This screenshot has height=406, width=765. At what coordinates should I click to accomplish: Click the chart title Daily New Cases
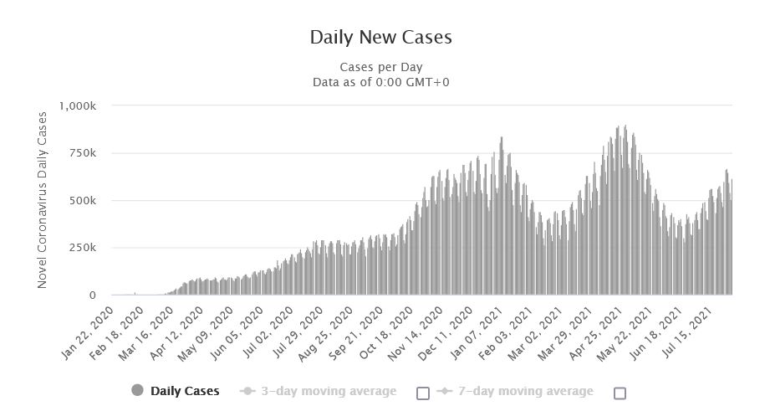click(380, 37)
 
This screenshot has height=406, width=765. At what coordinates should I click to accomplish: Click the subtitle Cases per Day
click(380, 66)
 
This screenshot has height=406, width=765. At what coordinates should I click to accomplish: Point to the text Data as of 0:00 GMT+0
click(380, 81)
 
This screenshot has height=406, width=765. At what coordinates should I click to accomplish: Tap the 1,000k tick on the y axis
click(79, 106)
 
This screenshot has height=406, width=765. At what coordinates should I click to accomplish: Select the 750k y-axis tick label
click(84, 153)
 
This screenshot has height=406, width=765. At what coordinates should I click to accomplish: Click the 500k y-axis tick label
click(84, 201)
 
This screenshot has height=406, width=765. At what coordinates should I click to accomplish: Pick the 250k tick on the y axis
click(84, 248)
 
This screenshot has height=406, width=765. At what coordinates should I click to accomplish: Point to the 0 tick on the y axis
click(92, 296)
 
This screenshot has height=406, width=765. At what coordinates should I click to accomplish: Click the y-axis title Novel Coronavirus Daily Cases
click(43, 201)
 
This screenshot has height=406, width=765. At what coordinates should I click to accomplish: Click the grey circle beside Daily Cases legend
click(138, 391)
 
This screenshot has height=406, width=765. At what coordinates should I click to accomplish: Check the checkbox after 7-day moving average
click(620, 393)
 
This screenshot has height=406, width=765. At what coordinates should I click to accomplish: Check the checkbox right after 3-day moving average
click(422, 393)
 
